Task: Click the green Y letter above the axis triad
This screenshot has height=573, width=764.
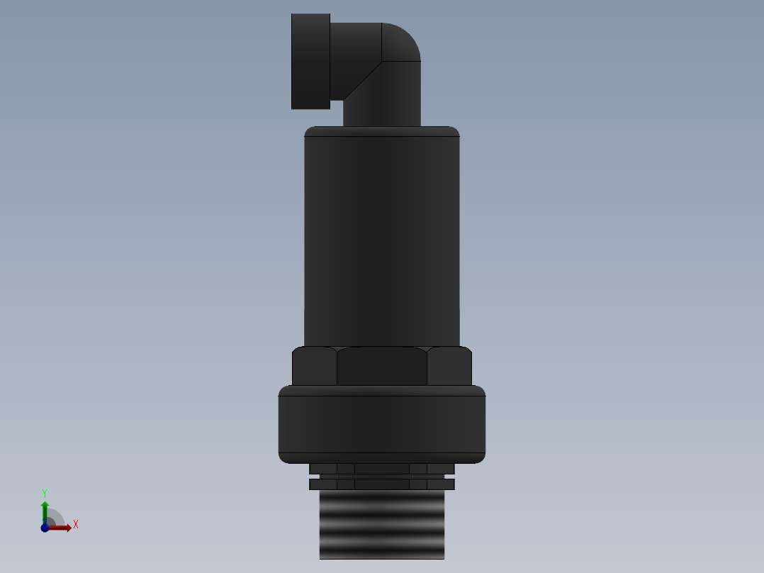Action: pos(45,492)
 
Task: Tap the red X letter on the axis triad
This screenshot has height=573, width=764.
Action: pos(76,525)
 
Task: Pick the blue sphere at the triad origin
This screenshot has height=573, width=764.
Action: pos(45,528)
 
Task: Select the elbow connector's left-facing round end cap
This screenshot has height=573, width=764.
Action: pos(310,61)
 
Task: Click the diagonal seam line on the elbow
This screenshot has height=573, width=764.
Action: pos(363,80)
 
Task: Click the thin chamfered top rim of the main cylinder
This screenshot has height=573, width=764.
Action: pos(382,131)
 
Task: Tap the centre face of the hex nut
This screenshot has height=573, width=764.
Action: pos(382,366)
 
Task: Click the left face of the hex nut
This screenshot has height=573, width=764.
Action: pos(315,367)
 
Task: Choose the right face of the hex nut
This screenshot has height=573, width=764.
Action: pos(449,367)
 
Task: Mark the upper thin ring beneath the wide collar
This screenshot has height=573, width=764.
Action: pos(382,469)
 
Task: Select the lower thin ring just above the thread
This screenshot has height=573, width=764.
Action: pos(382,484)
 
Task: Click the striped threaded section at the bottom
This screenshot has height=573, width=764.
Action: pos(382,525)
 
